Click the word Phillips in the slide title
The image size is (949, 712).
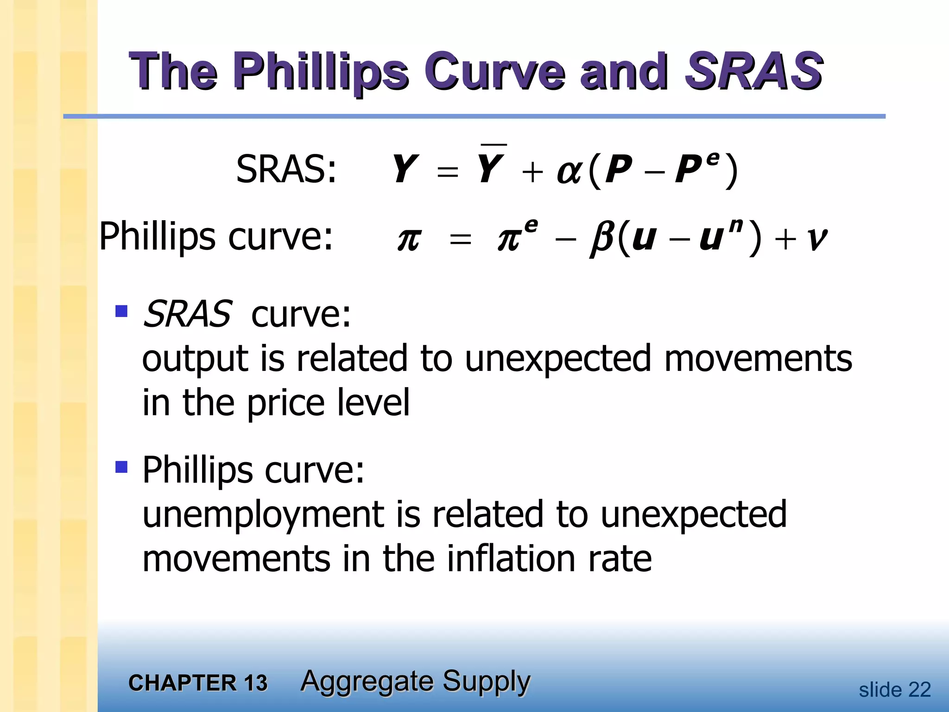[x=320, y=72]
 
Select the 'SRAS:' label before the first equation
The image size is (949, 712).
[x=286, y=170]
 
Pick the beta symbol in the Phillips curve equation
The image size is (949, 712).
[x=602, y=239]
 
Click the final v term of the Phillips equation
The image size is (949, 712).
[x=816, y=240]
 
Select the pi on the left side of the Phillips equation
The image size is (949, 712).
[x=409, y=240]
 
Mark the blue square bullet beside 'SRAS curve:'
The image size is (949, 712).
[x=121, y=311]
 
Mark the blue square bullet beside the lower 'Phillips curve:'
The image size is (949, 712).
[x=121, y=466]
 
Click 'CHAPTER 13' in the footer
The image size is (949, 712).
[x=198, y=683]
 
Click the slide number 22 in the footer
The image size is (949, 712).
[x=919, y=690]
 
